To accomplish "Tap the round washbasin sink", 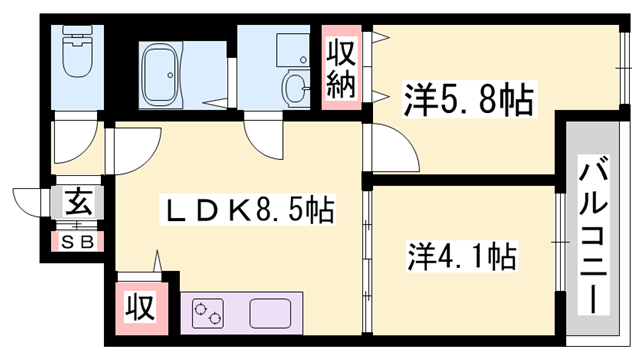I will point(296,89).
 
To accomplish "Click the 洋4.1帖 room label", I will point(461,258).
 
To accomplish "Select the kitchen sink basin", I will point(268,312).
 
